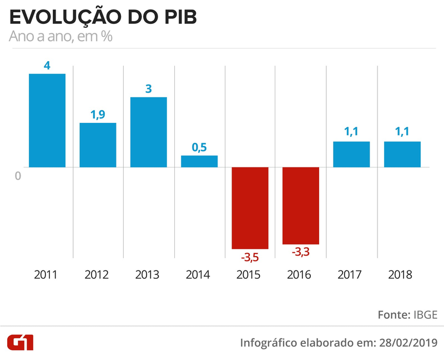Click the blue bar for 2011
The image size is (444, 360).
click(47, 120)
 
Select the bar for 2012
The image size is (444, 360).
click(98, 144)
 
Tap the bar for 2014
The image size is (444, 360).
click(199, 161)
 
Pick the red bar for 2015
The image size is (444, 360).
click(250, 208)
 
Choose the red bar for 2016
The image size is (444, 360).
click(301, 206)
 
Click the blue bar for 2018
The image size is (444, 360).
click(402, 154)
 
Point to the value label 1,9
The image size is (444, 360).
click(98, 114)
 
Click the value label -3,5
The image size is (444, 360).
click(250, 258)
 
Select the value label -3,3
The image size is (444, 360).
click(301, 253)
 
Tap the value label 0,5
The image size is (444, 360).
click(199, 147)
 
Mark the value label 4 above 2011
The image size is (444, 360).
click(47, 66)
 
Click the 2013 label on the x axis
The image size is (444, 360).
click(148, 275)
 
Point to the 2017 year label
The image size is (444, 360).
click(351, 275)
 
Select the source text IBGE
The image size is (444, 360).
click(425, 314)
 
